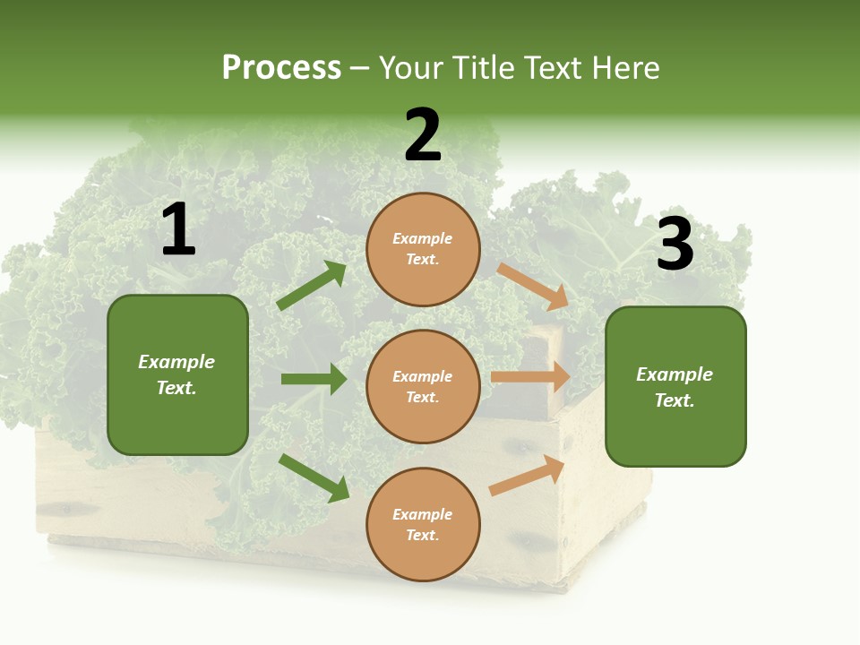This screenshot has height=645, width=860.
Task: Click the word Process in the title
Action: [281, 68]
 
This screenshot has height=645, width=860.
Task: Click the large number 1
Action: [178, 230]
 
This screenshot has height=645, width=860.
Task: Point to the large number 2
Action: [423, 135]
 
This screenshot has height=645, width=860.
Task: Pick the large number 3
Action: [675, 245]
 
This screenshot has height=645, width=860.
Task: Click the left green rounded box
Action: [177, 374]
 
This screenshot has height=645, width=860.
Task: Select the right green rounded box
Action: [675, 387]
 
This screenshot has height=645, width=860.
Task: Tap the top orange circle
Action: [423, 249]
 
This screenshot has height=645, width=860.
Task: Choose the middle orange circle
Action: [423, 387]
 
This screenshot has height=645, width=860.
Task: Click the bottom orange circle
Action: [423, 525]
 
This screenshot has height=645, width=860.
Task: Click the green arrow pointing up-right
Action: [312, 286]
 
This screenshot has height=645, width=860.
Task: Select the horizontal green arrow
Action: [314, 379]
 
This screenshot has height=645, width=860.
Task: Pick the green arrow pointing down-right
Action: [314, 477]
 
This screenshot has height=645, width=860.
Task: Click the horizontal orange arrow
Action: [530, 377]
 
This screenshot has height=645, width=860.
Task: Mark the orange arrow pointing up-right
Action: [527, 476]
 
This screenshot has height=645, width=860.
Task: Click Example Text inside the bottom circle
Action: [423, 525]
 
